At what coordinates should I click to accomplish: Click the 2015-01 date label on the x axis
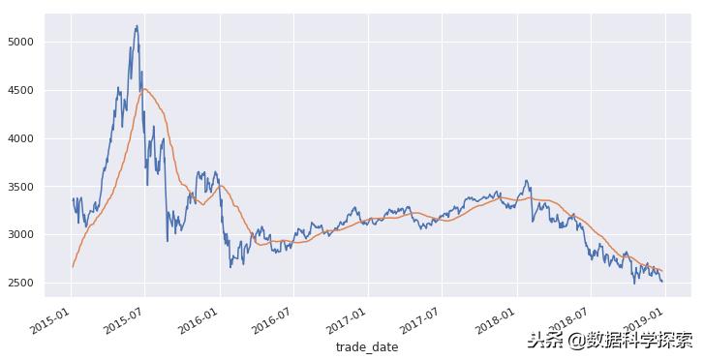[49, 318]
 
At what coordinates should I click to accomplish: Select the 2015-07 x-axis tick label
[123, 318]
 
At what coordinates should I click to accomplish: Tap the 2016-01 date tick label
[198, 318]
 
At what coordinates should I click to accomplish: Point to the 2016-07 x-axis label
[271, 318]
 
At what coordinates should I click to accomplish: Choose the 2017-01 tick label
[346, 318]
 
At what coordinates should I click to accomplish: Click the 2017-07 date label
[419, 318]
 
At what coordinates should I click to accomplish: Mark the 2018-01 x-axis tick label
[494, 318]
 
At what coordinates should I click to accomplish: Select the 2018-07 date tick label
[567, 318]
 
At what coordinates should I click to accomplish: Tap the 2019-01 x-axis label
[642, 318]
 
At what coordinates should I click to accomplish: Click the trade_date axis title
[366, 346]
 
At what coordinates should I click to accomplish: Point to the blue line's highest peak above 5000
[137, 26]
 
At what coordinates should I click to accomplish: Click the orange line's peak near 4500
[146, 89]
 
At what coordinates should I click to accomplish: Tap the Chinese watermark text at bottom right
[609, 340]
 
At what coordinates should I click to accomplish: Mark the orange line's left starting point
[73, 267]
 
